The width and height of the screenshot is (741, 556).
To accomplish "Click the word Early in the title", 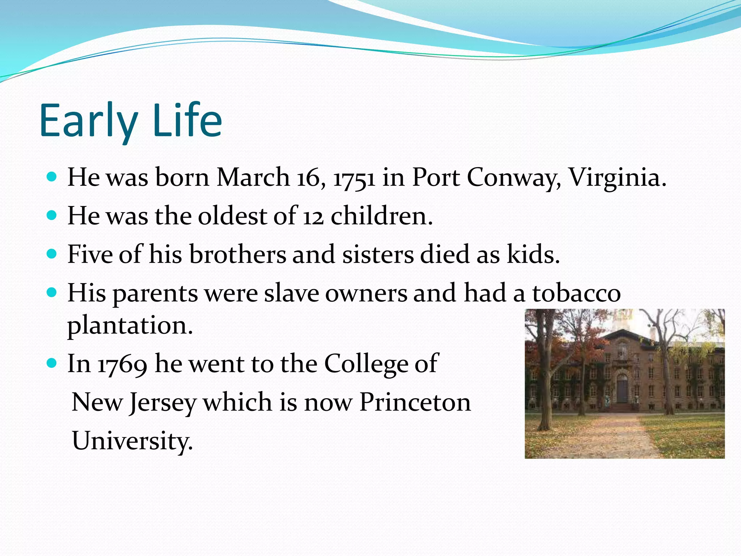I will point(89,121).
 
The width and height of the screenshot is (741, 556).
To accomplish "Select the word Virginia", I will point(617,178).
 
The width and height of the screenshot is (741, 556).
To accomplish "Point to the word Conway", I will point(514,178).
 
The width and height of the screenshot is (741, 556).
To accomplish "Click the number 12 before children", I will point(313,216).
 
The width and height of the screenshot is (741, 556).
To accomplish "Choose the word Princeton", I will point(415,403).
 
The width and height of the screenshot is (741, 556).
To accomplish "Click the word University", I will point(132,441).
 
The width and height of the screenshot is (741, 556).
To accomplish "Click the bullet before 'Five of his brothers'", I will point(52,254).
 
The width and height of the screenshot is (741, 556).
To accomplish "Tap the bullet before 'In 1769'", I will point(52,363).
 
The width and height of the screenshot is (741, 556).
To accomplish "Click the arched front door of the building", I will point(622,388).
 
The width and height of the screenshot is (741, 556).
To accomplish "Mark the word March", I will point(253,178).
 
